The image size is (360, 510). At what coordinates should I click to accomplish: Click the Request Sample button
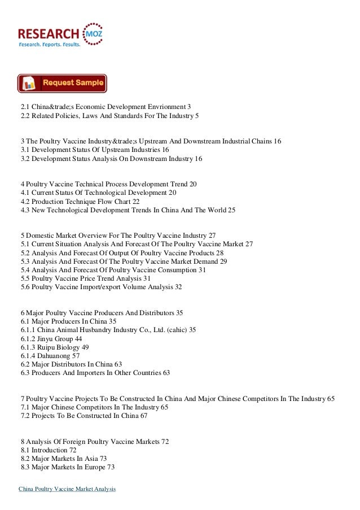[62, 83]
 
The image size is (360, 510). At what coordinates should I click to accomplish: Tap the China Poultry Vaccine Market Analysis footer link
[67, 489]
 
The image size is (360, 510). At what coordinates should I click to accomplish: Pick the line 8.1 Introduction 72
[48, 450]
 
